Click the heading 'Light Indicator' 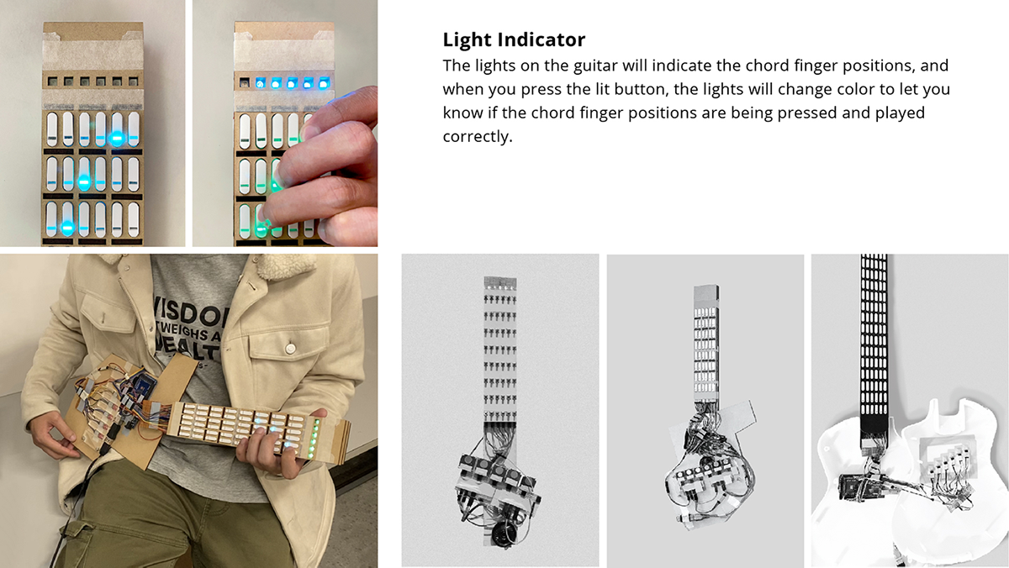(x=514, y=39)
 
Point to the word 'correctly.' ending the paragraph (x=477, y=136)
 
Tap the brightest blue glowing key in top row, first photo (x=117, y=138)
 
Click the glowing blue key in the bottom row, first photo (x=67, y=227)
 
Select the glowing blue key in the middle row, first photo (x=83, y=181)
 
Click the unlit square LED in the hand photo (x=245, y=82)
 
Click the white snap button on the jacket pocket (x=290, y=347)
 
